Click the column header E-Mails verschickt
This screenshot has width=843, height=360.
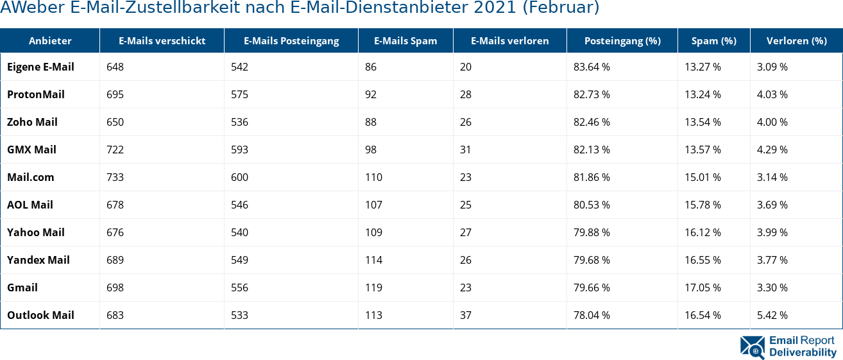tap(162, 40)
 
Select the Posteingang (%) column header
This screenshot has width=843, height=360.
tap(622, 40)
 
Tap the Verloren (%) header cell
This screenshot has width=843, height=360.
tap(796, 40)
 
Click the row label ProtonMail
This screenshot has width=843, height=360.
tap(36, 94)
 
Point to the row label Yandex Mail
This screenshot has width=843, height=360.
tap(38, 260)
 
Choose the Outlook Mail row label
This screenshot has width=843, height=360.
tap(40, 315)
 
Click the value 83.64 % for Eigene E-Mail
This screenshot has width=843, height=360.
tap(592, 67)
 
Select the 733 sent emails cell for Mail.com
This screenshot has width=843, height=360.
tap(115, 177)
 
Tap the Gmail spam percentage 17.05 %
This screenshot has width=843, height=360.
tap(702, 287)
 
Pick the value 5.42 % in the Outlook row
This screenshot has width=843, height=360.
tap(772, 315)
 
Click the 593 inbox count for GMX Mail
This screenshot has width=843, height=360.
tap(239, 150)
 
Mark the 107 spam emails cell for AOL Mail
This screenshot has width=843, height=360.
tap(373, 205)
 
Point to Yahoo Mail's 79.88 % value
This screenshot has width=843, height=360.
tap(592, 232)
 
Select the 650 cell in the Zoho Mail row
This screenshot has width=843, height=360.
tap(115, 122)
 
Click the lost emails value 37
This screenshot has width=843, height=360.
tap(466, 315)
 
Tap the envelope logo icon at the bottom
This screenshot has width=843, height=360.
tap(752, 346)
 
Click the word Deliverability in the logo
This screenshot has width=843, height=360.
tap(803, 352)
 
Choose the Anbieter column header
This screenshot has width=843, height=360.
tap(50, 40)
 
